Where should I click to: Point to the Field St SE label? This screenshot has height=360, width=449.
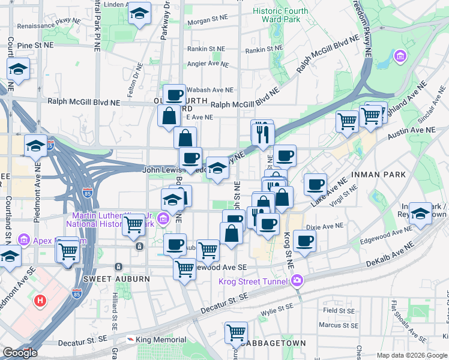[339, 310]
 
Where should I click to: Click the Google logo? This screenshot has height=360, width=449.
[20, 353]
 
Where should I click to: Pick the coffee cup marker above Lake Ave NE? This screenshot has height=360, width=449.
[315, 185]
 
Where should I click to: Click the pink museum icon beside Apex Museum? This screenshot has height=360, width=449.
[25, 241]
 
